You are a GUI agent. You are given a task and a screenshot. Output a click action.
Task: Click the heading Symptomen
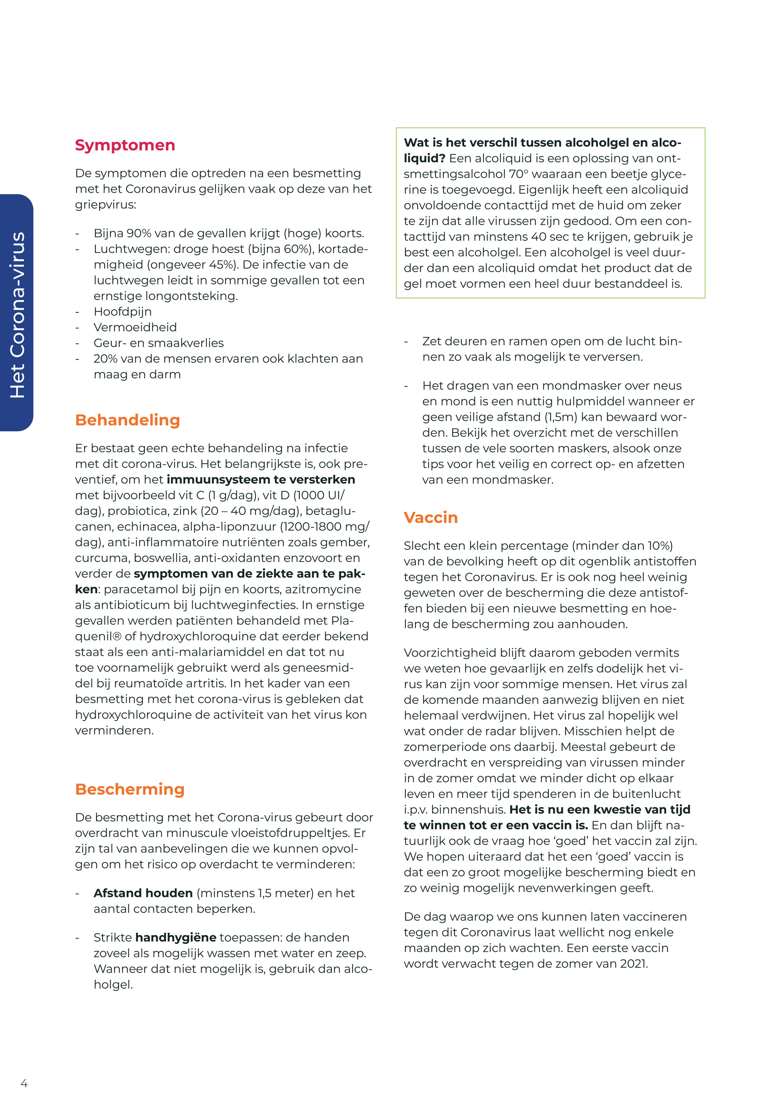[x=125, y=145]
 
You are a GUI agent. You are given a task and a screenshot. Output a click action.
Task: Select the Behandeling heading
[x=128, y=420]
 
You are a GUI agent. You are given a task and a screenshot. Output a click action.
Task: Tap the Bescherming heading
[x=130, y=789]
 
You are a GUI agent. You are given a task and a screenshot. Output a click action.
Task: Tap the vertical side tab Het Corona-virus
[x=17, y=314]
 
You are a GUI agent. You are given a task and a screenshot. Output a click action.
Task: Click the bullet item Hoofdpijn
[x=123, y=312]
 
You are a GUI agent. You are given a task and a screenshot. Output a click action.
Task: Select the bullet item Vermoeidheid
[x=135, y=327]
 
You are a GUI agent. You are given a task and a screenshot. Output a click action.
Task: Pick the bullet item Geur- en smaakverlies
[x=159, y=343]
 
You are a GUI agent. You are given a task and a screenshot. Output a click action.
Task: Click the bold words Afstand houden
[x=143, y=893]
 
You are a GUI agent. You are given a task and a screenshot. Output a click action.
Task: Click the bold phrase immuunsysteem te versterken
[x=261, y=479]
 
